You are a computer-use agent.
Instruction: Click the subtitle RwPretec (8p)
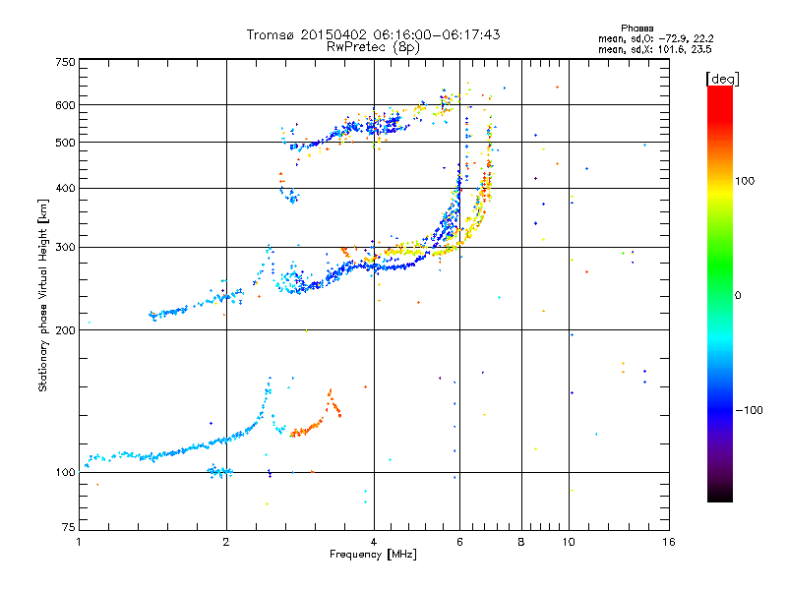(373, 47)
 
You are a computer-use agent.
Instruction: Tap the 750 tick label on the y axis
(66, 62)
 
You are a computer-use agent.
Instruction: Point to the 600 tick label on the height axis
(66, 105)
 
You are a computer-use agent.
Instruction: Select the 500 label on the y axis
(66, 143)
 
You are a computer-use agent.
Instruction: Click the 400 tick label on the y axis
(66, 188)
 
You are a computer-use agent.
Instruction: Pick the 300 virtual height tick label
(66, 247)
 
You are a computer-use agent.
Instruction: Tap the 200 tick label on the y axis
(66, 330)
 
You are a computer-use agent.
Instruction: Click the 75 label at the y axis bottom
(69, 527)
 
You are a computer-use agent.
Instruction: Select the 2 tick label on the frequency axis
(226, 542)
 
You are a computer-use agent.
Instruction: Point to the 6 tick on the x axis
(459, 542)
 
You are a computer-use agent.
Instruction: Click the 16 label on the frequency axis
(669, 542)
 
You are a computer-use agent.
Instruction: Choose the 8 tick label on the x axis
(521, 542)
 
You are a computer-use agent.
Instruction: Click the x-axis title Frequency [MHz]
(373, 555)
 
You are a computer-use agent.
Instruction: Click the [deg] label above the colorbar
(722, 79)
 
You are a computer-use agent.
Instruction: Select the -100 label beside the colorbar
(750, 410)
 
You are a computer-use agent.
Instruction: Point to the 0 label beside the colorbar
(738, 296)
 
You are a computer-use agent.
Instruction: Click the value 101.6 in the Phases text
(671, 49)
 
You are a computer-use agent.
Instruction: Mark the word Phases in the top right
(636, 29)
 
